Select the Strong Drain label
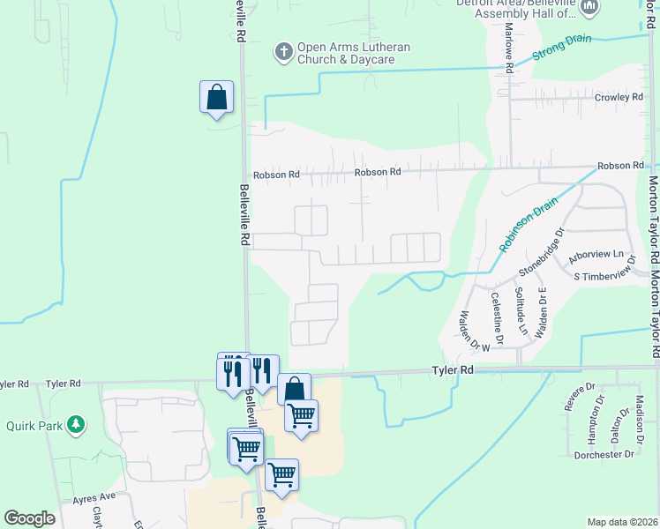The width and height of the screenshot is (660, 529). coord(560,48)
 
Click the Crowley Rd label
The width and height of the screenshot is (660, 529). coord(618,97)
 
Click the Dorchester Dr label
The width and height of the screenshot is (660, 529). coord(604,455)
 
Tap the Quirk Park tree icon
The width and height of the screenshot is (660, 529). coord(77,423)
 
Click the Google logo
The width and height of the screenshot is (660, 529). coord(29,518)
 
